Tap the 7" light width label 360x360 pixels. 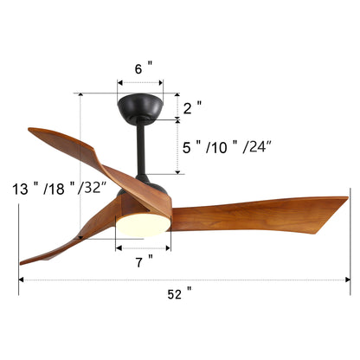coord(144,258)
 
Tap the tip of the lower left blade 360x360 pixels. coord(23,260)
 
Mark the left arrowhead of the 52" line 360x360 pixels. coord(21,280)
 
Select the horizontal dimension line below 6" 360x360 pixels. coord(139,80)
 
